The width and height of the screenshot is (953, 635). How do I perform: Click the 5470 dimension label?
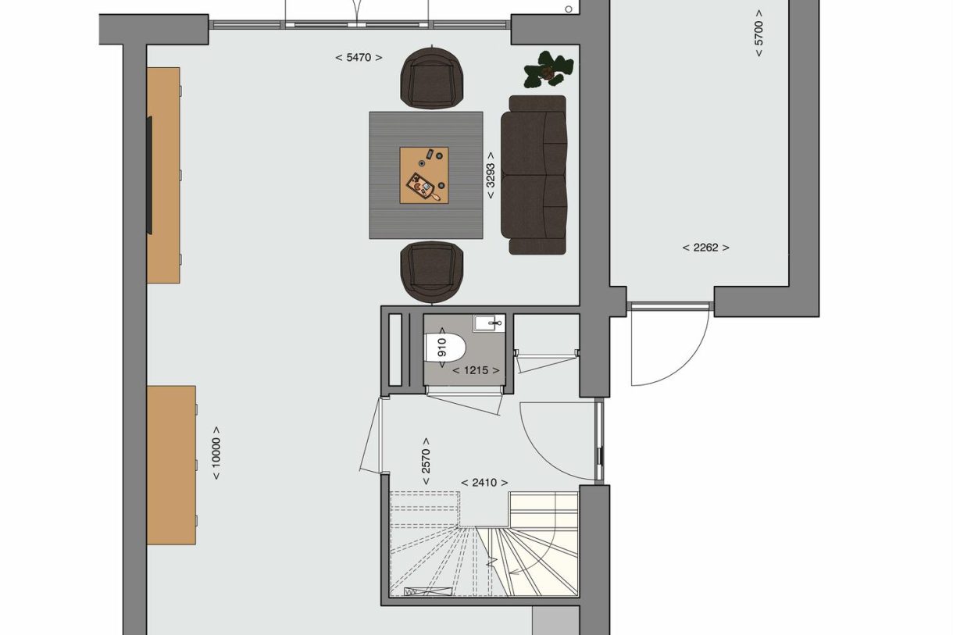click(359, 58)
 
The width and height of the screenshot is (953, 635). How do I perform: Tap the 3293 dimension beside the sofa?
click(490, 175)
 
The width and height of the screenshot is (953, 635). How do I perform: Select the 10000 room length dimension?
click(216, 453)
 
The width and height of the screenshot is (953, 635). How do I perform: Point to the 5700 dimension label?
click(758, 34)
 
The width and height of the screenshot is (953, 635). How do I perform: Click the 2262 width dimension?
click(706, 248)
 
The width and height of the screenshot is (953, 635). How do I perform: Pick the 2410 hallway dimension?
click(484, 483)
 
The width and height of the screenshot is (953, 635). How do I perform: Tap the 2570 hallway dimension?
click(426, 461)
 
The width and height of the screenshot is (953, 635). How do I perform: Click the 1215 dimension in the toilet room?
click(476, 370)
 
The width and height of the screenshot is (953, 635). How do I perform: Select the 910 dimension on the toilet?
click(442, 348)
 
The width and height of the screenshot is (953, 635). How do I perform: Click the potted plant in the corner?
click(548, 70)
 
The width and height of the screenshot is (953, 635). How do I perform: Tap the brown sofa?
click(534, 175)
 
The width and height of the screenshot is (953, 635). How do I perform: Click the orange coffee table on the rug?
click(424, 175)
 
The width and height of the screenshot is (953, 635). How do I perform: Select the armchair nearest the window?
click(432, 78)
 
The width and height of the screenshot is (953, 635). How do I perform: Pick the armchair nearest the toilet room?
click(432, 273)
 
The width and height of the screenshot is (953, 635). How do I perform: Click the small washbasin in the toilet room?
click(489, 323)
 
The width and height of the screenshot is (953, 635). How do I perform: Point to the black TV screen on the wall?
click(149, 175)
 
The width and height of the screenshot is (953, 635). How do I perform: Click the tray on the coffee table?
click(420, 185)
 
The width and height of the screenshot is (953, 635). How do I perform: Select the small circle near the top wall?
click(569, 9)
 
